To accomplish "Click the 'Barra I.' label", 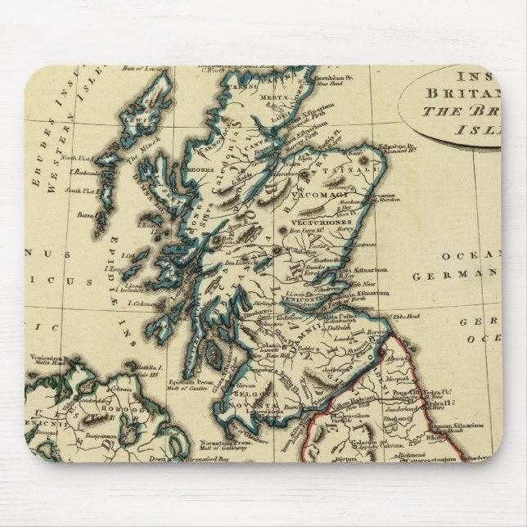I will tap(85, 215).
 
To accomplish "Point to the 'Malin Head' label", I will tap(40, 363).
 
